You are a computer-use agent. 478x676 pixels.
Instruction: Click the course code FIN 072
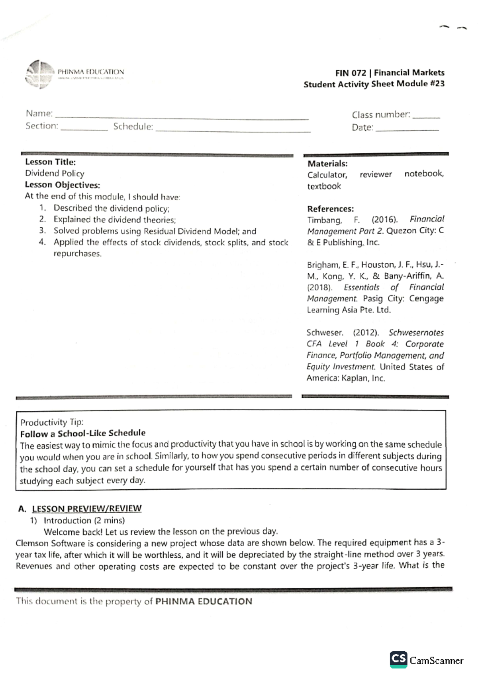pyautogui.click(x=351, y=73)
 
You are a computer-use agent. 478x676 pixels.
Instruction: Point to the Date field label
pyautogui.click(x=362, y=128)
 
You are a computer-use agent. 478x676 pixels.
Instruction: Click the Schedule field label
pyautogui.click(x=133, y=127)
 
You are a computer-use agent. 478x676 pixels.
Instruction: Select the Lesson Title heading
pyautogui.click(x=50, y=162)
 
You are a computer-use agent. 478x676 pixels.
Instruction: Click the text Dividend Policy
pyautogui.click(x=55, y=174)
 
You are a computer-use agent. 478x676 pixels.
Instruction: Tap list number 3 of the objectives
pyautogui.click(x=43, y=231)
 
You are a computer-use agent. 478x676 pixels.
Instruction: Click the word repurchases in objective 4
pyautogui.click(x=77, y=254)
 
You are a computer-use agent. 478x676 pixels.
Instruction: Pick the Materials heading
pyautogui.click(x=327, y=164)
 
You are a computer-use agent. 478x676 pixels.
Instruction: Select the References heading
pyautogui.click(x=330, y=209)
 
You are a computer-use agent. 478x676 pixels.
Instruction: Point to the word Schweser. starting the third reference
pyautogui.click(x=325, y=333)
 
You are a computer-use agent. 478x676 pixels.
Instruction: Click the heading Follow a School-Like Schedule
pyautogui.click(x=83, y=433)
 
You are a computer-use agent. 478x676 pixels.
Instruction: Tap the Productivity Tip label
pyautogui.click(x=52, y=422)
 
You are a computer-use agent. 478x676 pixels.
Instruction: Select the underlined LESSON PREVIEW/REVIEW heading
pyautogui.click(x=86, y=509)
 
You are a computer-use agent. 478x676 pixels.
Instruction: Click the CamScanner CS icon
pyautogui.click(x=398, y=659)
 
